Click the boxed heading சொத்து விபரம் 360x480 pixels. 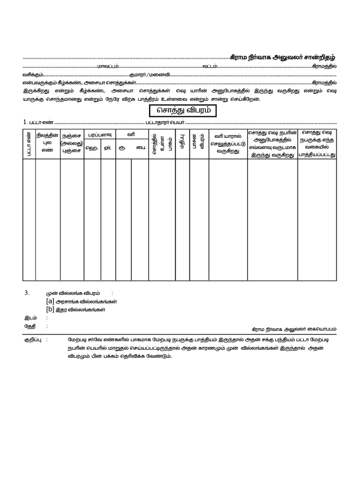180,111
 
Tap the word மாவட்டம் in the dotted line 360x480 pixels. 108,66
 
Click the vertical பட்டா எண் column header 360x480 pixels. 29,144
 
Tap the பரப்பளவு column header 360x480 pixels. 99,135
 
